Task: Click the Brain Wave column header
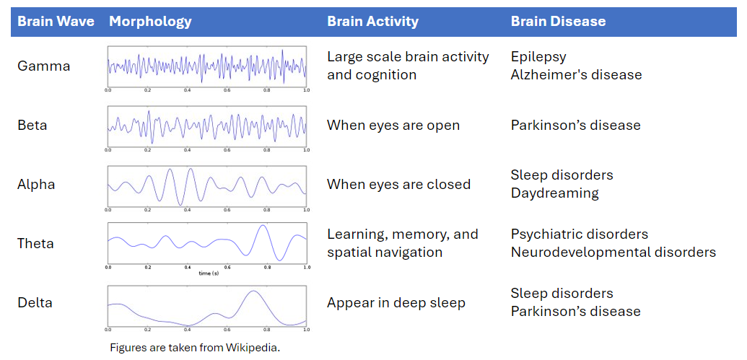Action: point(56,21)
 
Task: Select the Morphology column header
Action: point(150,21)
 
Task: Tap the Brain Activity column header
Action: point(372,21)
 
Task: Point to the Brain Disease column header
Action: point(558,21)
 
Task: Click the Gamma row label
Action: point(44,66)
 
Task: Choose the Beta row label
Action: point(32,125)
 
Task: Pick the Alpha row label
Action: point(36,184)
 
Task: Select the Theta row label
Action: point(35,243)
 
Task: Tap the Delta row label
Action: point(35,302)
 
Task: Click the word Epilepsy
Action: point(538,56)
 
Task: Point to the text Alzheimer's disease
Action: point(576,74)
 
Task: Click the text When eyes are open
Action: point(393,125)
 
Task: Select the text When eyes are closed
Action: point(398,184)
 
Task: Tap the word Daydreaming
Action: point(554,193)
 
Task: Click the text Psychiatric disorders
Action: point(580,234)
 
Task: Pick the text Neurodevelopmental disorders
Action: point(613,252)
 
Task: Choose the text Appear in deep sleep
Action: point(396,302)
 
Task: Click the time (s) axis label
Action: point(209,273)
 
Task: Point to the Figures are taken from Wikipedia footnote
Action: point(194,348)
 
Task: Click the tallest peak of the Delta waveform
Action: point(251,291)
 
